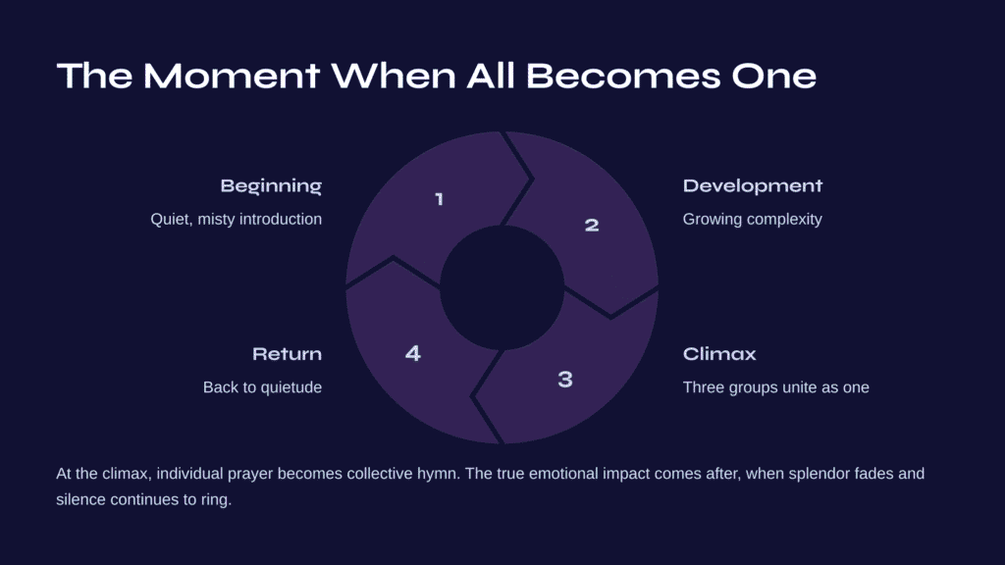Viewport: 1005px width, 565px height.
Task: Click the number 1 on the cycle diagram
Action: (x=439, y=199)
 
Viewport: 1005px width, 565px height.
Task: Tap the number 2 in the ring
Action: (x=592, y=225)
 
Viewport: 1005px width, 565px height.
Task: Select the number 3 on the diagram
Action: (x=564, y=380)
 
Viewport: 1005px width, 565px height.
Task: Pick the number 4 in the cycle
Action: (x=413, y=353)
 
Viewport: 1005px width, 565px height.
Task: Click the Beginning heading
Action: (x=271, y=186)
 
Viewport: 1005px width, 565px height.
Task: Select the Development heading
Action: (x=753, y=185)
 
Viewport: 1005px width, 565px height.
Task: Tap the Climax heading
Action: (x=719, y=353)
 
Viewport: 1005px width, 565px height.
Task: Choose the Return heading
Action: (x=288, y=353)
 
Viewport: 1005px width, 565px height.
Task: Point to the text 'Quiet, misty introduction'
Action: (x=236, y=219)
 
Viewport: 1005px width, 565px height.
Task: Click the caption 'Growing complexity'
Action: (x=753, y=219)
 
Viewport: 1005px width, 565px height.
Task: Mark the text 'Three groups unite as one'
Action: (x=776, y=387)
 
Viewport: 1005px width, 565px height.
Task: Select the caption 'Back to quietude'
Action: (x=263, y=387)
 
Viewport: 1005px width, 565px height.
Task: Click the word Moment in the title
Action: (x=232, y=76)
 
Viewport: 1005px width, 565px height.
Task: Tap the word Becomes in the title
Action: (x=622, y=76)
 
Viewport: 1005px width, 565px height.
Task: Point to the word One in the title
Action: (x=773, y=76)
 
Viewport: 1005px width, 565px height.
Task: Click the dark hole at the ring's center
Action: (x=502, y=287)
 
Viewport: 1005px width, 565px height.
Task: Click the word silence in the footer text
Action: (x=80, y=499)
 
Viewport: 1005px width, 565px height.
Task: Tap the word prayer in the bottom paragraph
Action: (x=250, y=475)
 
